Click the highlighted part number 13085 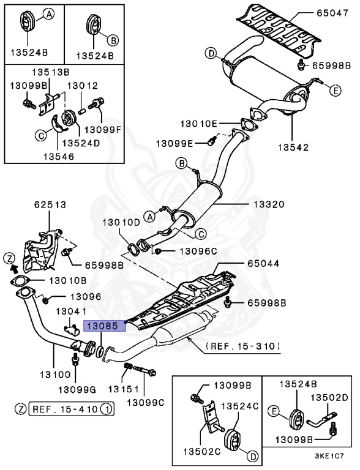click(105, 326)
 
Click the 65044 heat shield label click(264, 264)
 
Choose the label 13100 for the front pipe click(47, 371)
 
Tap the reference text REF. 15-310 click(243, 346)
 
